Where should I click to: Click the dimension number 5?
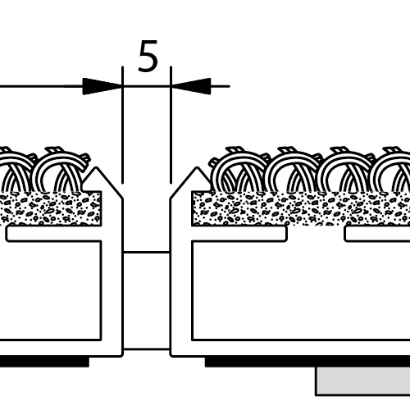point(148,56)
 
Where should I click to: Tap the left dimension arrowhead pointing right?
point(102,86)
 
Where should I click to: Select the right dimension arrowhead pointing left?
point(191,86)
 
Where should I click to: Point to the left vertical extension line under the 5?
point(122,125)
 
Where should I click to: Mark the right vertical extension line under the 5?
point(171,125)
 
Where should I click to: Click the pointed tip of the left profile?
point(96,167)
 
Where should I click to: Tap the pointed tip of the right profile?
point(197,167)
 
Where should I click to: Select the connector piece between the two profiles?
point(146,301)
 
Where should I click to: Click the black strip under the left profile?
point(44,362)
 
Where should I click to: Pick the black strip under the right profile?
point(307,362)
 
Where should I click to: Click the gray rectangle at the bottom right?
point(363,381)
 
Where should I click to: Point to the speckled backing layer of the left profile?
point(51,208)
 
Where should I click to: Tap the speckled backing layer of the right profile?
point(301,208)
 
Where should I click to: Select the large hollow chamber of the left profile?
point(51,290)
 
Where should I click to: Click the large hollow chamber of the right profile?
point(301,290)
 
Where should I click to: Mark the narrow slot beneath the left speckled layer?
point(53,234)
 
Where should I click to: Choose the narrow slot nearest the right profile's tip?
point(239,234)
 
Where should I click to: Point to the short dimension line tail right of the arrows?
point(221,86)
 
